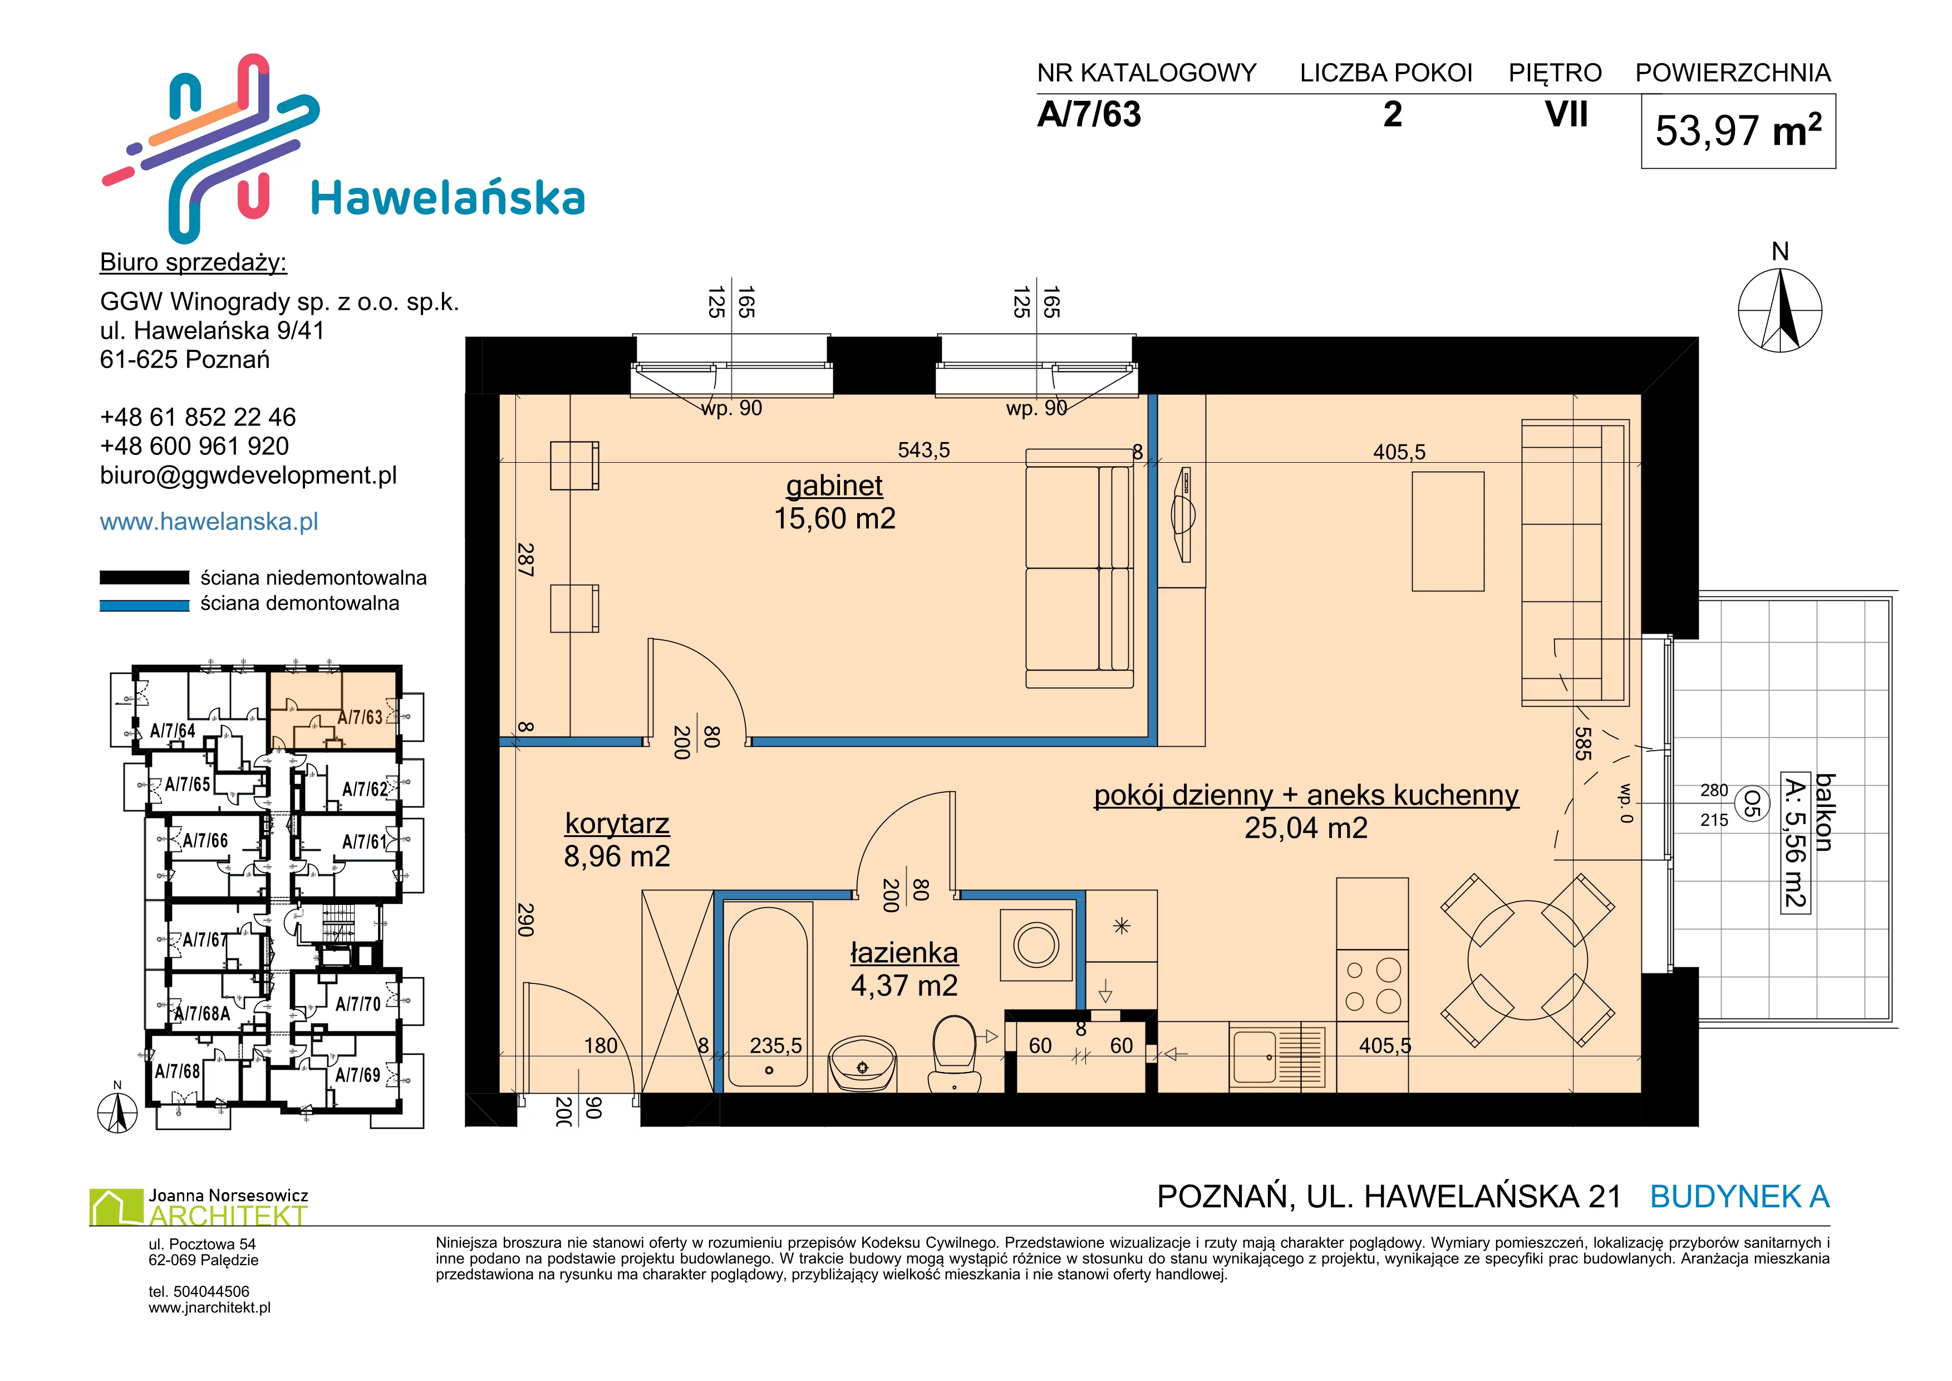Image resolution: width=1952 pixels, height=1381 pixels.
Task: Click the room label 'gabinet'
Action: [834, 486]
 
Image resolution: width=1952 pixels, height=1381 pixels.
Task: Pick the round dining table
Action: [1527, 960]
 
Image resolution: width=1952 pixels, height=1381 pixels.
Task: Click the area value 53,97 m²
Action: [1738, 131]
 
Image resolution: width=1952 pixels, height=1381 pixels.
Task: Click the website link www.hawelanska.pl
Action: [209, 521]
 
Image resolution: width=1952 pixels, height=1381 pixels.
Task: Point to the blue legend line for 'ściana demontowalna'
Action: [145, 605]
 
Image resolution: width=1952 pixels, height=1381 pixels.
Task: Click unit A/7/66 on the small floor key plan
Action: [205, 840]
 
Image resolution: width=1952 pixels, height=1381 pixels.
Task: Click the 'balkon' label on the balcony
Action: [1825, 812]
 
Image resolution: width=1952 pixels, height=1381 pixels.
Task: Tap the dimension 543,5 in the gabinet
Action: [923, 450]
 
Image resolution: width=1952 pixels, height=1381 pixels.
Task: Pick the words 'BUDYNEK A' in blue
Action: [1739, 1197]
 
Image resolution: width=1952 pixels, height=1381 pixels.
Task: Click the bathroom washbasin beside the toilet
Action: [862, 1062]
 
